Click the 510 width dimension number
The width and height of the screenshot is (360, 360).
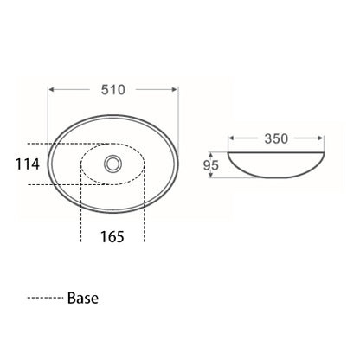tap(113, 89)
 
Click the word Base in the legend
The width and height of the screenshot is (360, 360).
tap(82, 299)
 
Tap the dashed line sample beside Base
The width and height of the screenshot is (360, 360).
tap(44, 299)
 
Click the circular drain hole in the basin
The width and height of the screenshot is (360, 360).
tap(112, 162)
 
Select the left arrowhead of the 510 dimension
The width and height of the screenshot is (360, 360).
tap(51, 89)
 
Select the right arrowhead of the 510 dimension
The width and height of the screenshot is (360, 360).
tap(177, 89)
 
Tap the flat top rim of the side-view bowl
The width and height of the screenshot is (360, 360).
tap(276, 153)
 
